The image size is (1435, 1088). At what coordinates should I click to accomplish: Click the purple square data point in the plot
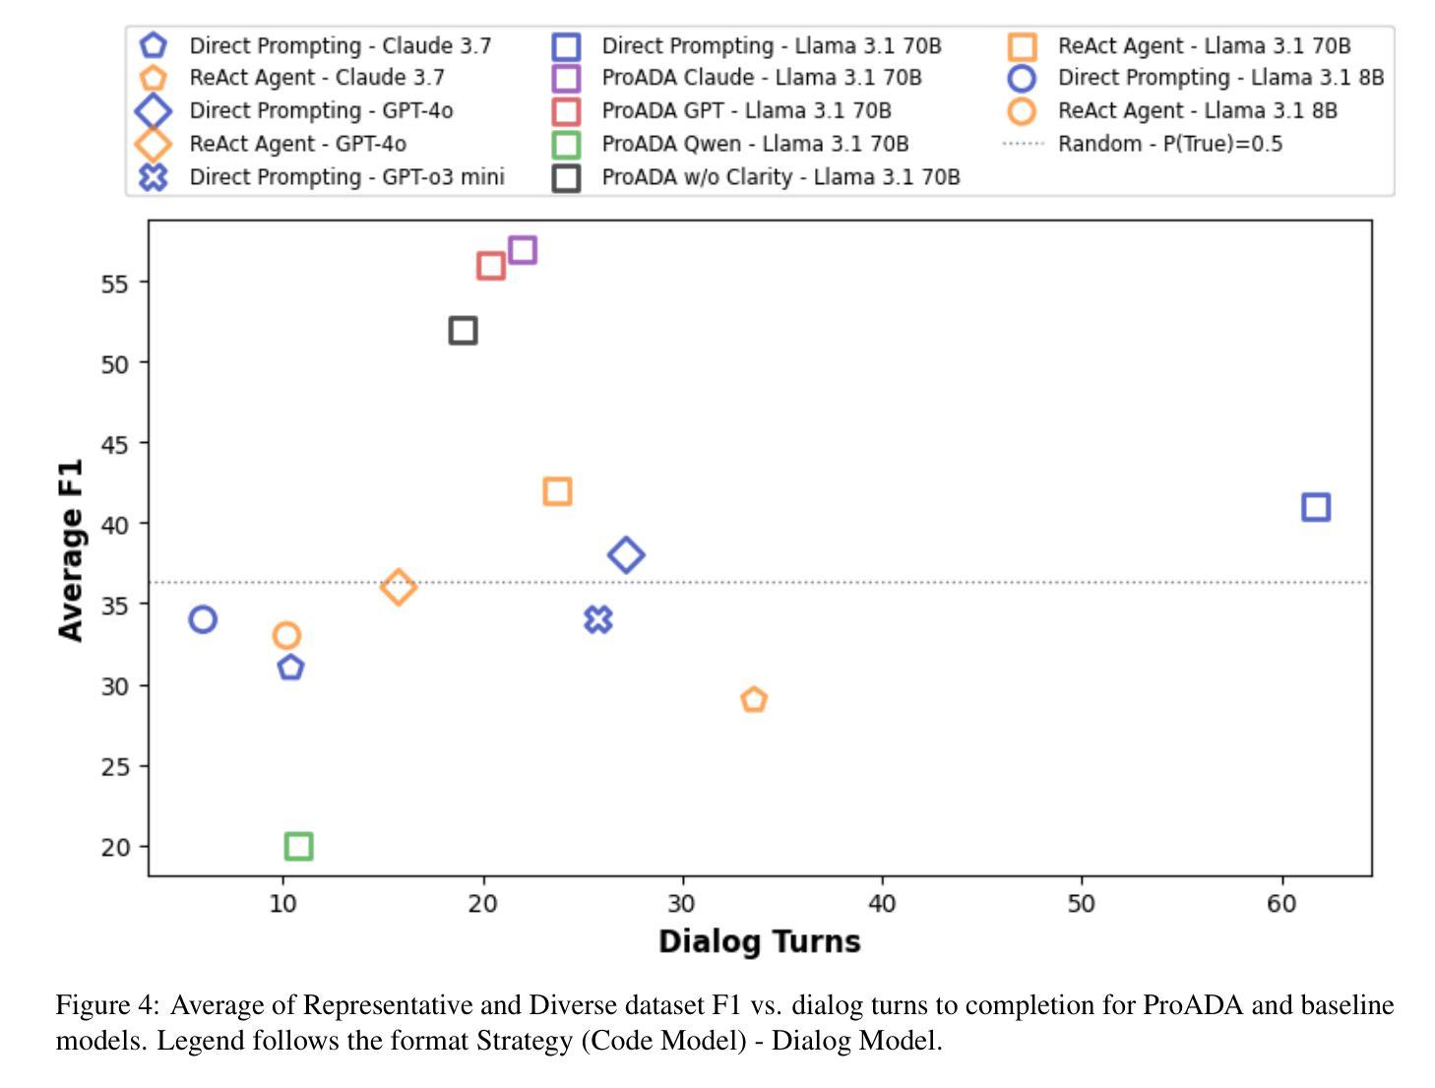(x=523, y=250)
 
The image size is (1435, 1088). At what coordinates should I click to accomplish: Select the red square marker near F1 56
(x=491, y=266)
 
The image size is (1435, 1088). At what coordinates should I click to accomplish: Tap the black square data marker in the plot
(x=463, y=331)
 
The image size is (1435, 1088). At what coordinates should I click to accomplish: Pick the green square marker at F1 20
(x=298, y=846)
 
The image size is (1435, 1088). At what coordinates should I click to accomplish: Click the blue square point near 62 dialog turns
(x=1316, y=507)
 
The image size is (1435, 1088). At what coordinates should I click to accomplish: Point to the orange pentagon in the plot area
(x=754, y=700)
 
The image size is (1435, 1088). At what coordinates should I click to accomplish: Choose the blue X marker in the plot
(x=598, y=619)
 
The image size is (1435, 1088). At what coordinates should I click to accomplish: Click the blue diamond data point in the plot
(x=626, y=555)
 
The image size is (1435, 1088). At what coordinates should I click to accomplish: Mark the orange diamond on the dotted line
(x=398, y=587)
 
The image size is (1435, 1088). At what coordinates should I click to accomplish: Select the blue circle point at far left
(x=203, y=619)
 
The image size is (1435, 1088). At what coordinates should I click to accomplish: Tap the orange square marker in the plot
(x=557, y=491)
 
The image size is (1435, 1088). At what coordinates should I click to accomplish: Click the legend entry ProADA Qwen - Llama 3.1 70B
(x=754, y=144)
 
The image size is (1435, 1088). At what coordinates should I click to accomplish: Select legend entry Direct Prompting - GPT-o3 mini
(x=346, y=177)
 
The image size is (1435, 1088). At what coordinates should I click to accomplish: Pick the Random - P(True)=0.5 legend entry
(x=1169, y=144)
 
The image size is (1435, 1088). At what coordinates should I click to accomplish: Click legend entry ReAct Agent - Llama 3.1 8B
(x=1197, y=110)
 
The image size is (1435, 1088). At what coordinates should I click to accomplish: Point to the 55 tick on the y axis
(x=115, y=284)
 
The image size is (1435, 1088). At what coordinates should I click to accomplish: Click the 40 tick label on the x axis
(x=882, y=903)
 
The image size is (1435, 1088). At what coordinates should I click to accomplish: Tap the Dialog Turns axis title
(x=759, y=941)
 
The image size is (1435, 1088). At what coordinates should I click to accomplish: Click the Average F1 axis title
(x=71, y=549)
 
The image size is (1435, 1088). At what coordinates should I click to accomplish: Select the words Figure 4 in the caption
(x=106, y=1005)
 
